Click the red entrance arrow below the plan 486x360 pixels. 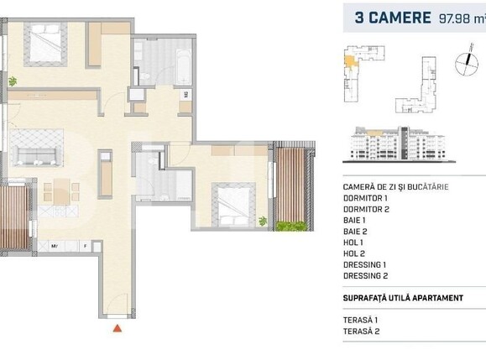118,328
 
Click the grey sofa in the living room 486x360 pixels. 35,154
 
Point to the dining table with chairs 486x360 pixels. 64,190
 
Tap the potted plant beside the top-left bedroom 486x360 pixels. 13,81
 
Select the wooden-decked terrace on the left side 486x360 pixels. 13,213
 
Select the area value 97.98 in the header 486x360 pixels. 453,17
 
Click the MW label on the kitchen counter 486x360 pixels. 55,247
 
